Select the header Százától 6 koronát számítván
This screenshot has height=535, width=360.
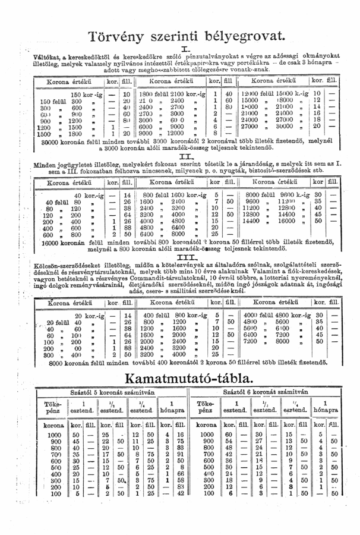pyautogui.click(x=268, y=392)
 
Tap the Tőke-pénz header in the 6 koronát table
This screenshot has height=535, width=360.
pyautogui.click(x=206, y=407)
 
